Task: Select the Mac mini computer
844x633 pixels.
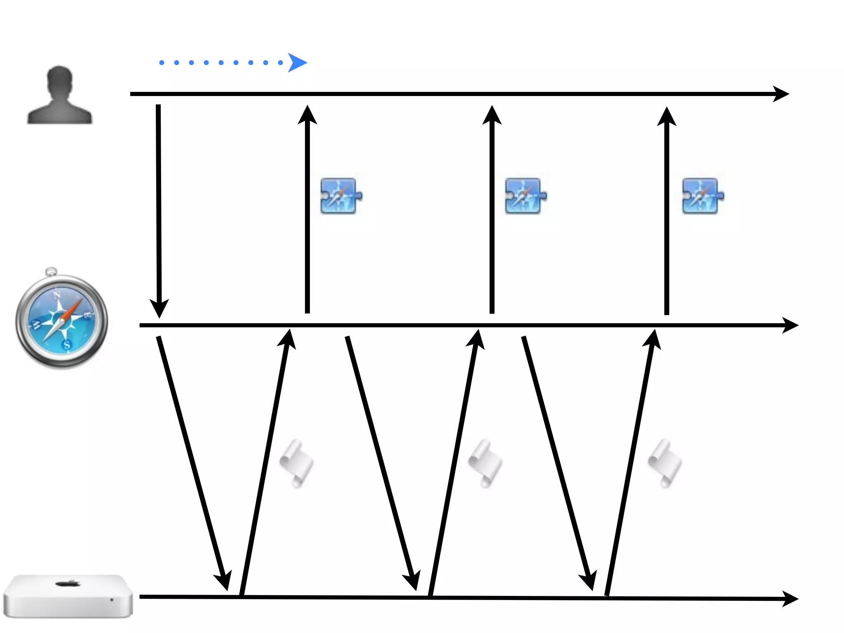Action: pyautogui.click(x=68, y=596)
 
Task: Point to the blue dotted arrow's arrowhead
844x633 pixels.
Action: pyautogui.click(x=297, y=63)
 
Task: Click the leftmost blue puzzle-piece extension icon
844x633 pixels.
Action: pyautogui.click(x=340, y=196)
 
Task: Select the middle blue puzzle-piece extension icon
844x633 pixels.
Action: pyautogui.click(x=525, y=196)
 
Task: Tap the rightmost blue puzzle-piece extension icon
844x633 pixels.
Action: pyautogui.click(x=702, y=196)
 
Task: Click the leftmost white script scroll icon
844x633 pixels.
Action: pyautogui.click(x=297, y=463)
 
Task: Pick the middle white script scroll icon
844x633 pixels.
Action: pyautogui.click(x=485, y=463)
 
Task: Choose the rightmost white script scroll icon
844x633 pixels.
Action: pyautogui.click(x=664, y=463)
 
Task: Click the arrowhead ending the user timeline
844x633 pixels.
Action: pyautogui.click(x=781, y=94)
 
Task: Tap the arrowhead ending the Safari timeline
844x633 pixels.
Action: pyautogui.click(x=790, y=325)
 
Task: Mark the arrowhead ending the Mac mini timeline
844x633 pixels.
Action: pyautogui.click(x=790, y=598)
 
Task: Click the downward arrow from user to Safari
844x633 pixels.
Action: pyautogui.click(x=159, y=206)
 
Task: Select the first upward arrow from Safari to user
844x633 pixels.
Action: pyautogui.click(x=307, y=206)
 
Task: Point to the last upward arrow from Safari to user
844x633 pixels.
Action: pyautogui.click(x=667, y=206)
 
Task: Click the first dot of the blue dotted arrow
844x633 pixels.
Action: pyautogui.click(x=162, y=63)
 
